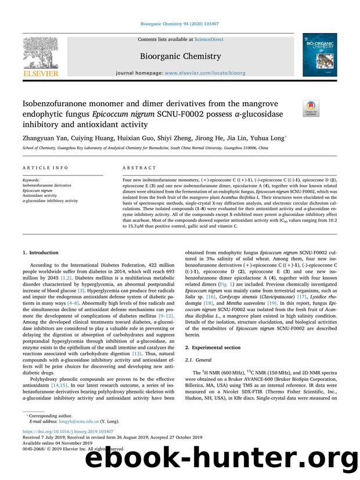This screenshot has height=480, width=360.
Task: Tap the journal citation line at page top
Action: [179, 24]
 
